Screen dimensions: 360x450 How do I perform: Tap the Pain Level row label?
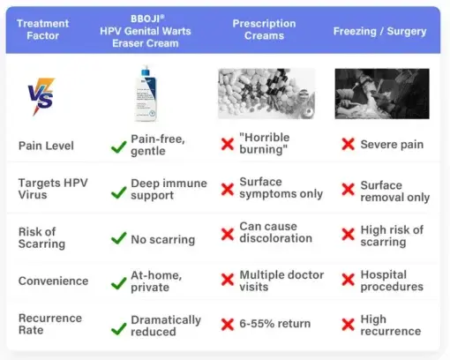[47, 145]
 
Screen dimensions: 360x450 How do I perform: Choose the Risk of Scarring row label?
[43, 236]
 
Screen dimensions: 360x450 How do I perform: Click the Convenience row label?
[54, 281]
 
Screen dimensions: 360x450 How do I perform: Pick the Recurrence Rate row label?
[50, 325]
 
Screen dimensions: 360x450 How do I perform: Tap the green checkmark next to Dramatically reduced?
[117, 327]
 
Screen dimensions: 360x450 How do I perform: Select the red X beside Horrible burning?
[226, 145]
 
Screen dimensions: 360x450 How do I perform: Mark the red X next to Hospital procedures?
[348, 281]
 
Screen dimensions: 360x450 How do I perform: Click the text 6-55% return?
[275, 324]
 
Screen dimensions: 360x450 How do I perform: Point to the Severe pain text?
[392, 145]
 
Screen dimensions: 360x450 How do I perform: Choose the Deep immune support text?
[169, 189]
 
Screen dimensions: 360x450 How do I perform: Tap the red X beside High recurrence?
[348, 326]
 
